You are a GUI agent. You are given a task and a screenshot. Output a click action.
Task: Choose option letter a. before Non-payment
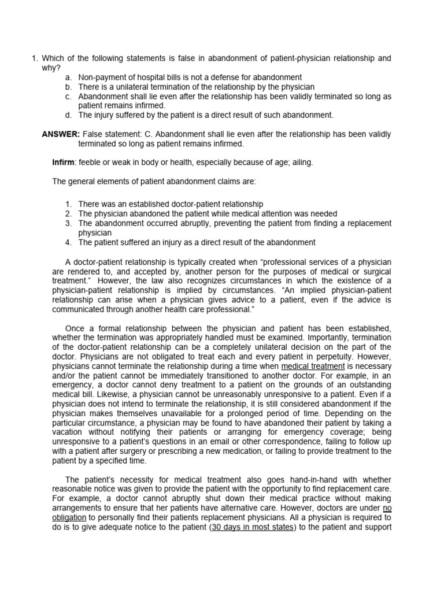point(68,77)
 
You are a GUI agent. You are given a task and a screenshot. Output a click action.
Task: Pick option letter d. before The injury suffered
point(68,115)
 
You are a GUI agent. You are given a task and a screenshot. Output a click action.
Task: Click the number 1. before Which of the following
point(35,58)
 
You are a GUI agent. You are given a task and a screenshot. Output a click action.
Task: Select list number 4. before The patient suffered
point(68,242)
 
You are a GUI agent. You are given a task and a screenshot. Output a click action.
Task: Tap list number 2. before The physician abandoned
point(68,214)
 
